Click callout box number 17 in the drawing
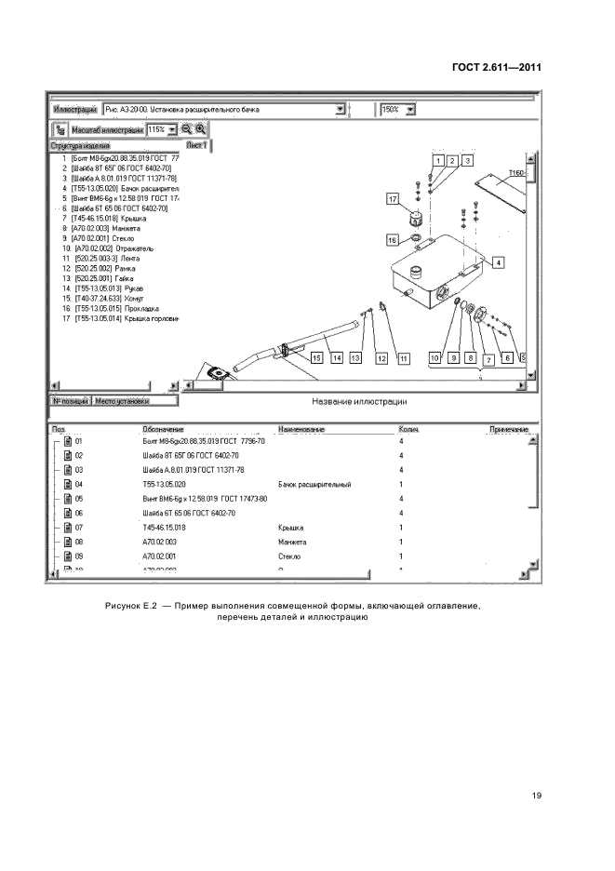393,198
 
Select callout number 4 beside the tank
499,262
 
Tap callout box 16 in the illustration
393,240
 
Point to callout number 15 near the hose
317,357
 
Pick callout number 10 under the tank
435,357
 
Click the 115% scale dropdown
171,129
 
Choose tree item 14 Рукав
103,288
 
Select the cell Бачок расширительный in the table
306,485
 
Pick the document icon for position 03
67,471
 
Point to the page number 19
537,797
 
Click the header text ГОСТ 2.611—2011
497,67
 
